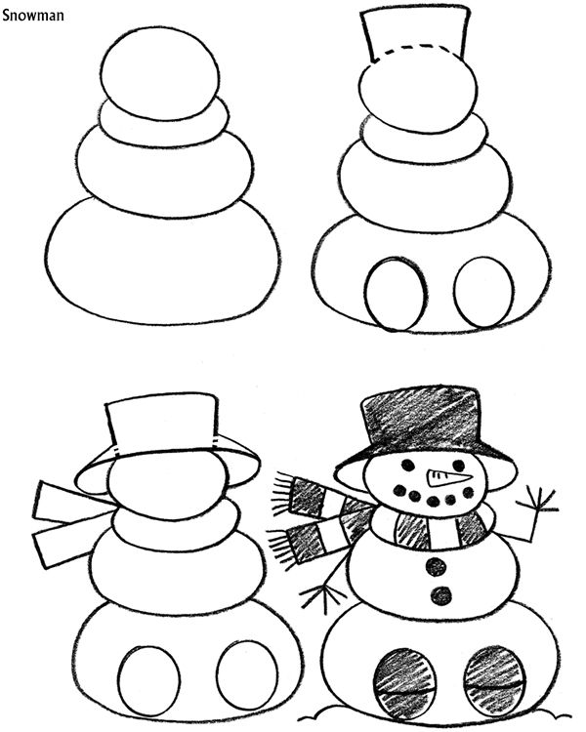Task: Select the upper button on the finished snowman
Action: point(438,566)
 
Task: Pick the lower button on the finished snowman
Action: point(442,593)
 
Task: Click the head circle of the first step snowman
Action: point(160,74)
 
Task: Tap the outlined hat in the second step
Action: point(414,34)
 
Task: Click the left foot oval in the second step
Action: point(395,293)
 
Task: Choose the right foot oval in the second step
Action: point(483,292)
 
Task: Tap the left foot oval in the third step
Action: point(148,679)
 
